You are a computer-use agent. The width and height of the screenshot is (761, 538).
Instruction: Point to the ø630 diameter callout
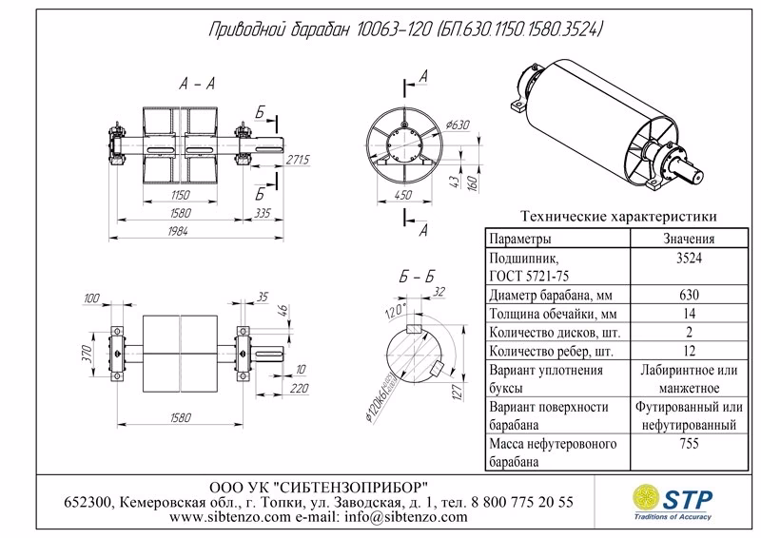tap(460, 125)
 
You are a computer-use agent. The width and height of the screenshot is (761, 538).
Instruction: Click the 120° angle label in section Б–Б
tap(391, 312)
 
